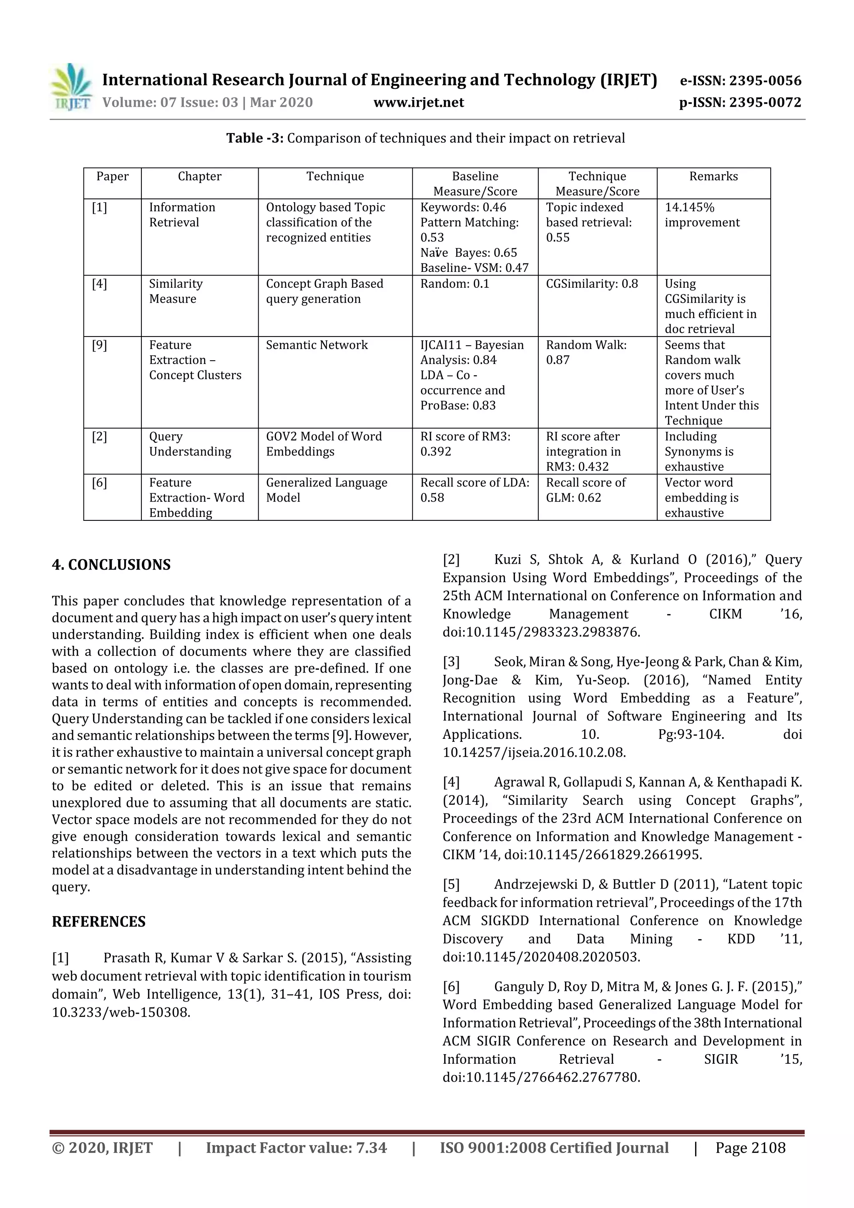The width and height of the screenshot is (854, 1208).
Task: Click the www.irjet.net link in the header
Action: [x=418, y=102]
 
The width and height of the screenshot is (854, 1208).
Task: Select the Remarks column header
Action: [x=713, y=176]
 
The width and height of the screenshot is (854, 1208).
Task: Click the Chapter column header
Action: [x=199, y=176]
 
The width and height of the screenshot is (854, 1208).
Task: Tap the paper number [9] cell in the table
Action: [x=99, y=345]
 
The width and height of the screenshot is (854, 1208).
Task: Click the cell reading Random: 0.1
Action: [x=455, y=284]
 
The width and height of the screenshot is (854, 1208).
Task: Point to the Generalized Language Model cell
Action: [x=326, y=490]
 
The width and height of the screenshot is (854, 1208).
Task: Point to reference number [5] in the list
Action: [x=451, y=884]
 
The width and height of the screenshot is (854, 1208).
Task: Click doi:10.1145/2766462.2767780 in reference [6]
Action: [x=541, y=1077]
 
